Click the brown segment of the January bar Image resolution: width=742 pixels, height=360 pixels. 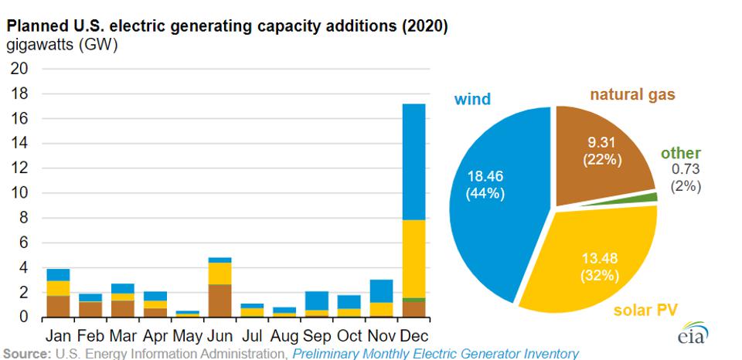point(59,307)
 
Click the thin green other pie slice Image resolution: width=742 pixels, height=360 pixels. point(652,197)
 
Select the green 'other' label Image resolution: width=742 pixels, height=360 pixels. point(681,153)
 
